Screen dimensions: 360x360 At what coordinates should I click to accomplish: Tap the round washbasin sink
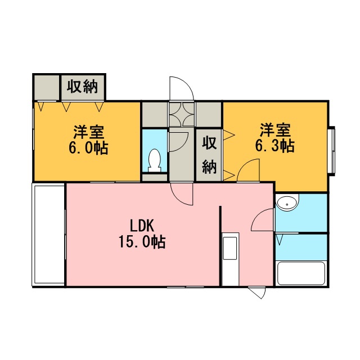click(x=287, y=202)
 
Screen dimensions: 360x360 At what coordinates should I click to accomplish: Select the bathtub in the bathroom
click(x=301, y=273)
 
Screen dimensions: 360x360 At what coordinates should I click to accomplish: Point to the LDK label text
click(x=142, y=226)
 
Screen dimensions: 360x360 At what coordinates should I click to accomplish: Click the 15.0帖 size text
click(x=142, y=242)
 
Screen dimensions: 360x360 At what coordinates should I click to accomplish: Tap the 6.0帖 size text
click(x=88, y=148)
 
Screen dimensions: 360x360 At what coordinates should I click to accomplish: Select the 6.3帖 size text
click(x=275, y=146)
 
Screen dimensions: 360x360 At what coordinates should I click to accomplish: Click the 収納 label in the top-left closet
click(x=83, y=86)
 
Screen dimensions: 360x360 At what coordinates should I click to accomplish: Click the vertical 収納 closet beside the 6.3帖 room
click(x=209, y=155)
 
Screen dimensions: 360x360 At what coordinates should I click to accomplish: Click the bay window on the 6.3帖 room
click(x=331, y=151)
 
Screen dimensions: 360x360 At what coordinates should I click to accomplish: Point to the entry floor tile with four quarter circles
click(x=182, y=114)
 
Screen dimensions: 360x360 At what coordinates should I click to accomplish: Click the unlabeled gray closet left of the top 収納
click(x=47, y=87)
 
